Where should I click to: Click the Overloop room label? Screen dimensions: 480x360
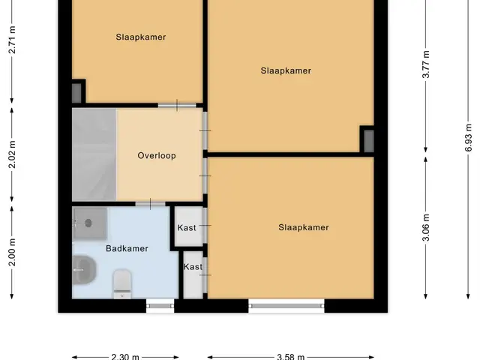tap(157, 155)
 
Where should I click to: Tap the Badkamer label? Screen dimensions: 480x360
tap(127, 248)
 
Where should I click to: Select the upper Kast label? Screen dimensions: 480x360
tap(187, 228)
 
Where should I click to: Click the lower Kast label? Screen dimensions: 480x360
tap(193, 267)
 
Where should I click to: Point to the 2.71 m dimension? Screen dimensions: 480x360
tap(12, 40)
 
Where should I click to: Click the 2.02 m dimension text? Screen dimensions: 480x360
tap(12, 154)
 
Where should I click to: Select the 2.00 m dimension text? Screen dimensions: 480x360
tap(12, 252)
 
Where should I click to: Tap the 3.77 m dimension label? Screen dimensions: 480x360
tap(426, 64)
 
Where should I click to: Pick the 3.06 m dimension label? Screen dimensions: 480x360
tap(426, 227)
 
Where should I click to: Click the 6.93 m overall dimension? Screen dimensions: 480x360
tap(468, 138)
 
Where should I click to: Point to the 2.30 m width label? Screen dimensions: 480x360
tap(125, 357)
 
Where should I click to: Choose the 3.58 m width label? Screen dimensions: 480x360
tap(290, 357)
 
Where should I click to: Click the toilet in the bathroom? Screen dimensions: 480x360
tap(122, 283)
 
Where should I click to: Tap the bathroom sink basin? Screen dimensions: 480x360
tap(84, 270)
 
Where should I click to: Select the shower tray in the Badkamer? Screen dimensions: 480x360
tap(90, 223)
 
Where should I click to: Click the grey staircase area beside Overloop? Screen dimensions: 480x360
tap(94, 154)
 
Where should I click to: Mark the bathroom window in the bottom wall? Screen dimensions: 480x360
tap(160, 306)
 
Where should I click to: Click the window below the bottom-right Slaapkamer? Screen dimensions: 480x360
tap(286, 306)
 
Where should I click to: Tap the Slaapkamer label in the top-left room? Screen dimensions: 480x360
tap(141, 37)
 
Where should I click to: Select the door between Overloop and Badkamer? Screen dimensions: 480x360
tap(150, 204)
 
